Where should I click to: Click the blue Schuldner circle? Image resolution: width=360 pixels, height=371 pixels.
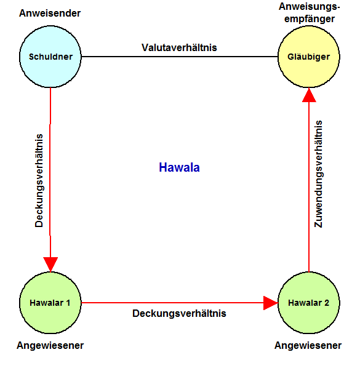pos(50,57)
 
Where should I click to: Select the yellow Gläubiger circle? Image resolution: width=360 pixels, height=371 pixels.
pos(309,57)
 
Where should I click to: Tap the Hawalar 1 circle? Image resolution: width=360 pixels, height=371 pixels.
pos(50,303)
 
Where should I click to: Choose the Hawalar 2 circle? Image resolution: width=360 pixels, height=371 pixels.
pos(309,303)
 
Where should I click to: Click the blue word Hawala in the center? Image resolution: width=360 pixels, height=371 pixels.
pos(180,167)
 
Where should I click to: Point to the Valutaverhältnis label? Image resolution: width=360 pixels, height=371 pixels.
pos(179,47)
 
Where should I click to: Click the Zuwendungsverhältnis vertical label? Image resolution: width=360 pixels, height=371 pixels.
pos(318,174)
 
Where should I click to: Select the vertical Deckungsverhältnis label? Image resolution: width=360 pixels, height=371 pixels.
pos(39,181)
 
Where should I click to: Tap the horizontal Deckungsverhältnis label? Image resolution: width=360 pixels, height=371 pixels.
pos(179,313)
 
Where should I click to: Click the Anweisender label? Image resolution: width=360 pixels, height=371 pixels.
pos(50,14)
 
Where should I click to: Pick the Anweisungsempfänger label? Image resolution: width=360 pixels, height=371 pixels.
pos(310,13)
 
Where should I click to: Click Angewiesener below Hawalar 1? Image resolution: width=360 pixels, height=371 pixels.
pos(50,345)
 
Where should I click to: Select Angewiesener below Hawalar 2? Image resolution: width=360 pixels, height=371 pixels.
pos(308,345)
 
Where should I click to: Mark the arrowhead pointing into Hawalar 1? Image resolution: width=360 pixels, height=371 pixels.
pos(50,263)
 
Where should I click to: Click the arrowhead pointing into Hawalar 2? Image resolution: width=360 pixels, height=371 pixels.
pos(271,303)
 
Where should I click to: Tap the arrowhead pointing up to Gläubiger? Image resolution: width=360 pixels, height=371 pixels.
pos(309,96)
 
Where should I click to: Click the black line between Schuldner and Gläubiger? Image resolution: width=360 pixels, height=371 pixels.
pos(180,57)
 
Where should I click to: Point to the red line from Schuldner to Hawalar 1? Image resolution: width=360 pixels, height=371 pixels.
pos(50,180)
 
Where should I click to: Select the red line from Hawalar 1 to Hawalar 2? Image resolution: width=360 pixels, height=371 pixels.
pos(180,303)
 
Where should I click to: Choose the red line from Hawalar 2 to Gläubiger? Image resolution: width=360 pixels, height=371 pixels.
pos(309,180)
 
